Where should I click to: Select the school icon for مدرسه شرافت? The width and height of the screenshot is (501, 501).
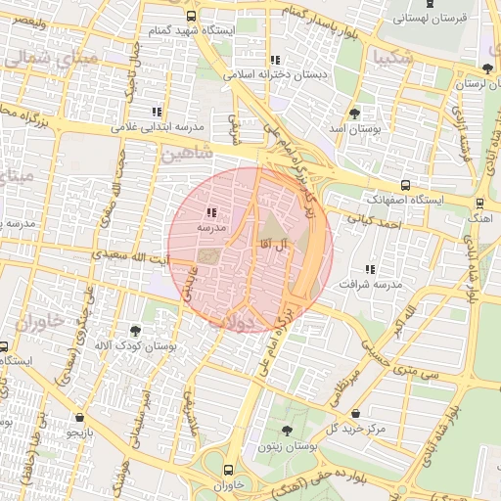pyautogui.click(x=369, y=268)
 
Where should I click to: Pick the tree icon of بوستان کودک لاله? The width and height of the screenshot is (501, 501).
pyautogui.click(x=135, y=331)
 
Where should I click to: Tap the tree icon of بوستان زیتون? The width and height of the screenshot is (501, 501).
pyautogui.click(x=287, y=430)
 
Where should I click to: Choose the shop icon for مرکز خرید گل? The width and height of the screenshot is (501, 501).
pyautogui.click(x=354, y=413)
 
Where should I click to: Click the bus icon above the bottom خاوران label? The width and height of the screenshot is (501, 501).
pyautogui.click(x=229, y=470)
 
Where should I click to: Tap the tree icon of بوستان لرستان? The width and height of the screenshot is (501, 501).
pyautogui.click(x=487, y=68)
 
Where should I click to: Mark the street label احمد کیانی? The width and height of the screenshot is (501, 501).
pyautogui.click(x=380, y=226)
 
